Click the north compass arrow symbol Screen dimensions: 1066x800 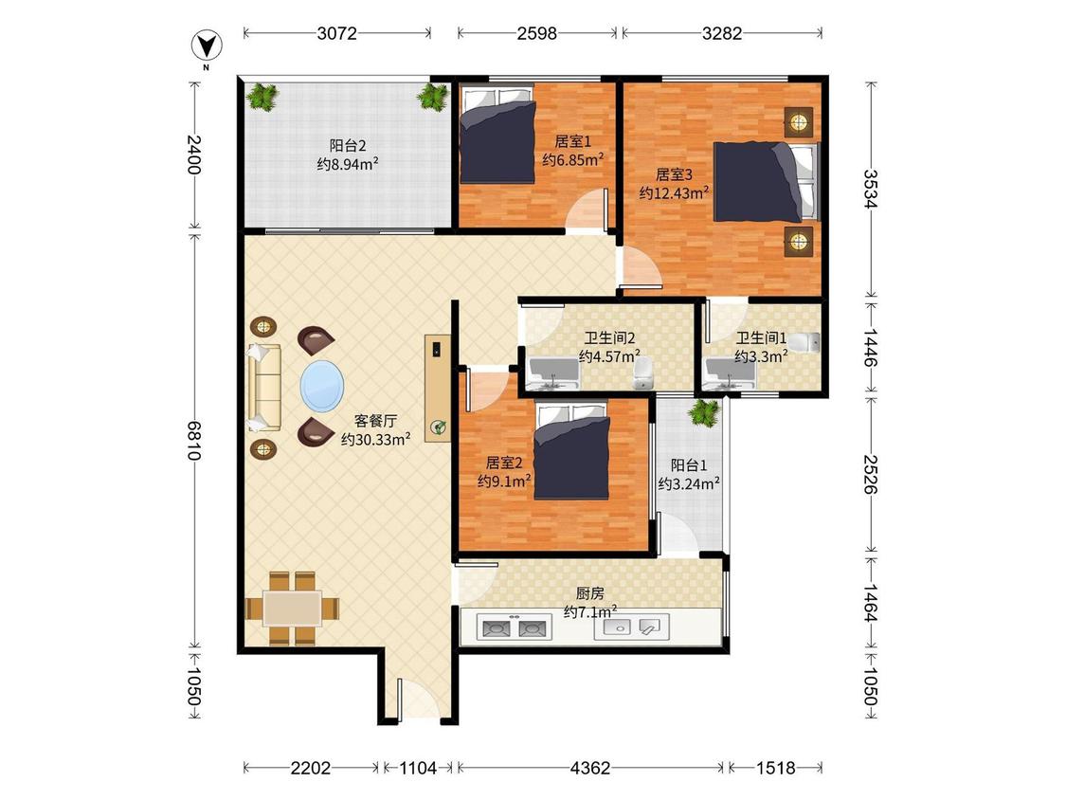point(207,47)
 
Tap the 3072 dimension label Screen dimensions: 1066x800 point(336,32)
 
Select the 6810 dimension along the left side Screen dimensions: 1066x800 point(194,441)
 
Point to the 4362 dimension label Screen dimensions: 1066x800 point(590,768)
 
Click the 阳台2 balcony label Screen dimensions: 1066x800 point(348,146)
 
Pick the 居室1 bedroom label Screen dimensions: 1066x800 point(572,141)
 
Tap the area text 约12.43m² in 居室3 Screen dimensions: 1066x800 point(674,192)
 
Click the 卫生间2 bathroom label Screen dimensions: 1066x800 point(609,338)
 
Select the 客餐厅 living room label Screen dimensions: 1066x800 point(375,421)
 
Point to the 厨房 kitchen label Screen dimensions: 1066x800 point(589,594)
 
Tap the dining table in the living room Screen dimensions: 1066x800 point(293,609)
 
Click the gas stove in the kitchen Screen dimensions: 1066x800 point(514,627)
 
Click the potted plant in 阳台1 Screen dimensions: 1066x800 point(704,412)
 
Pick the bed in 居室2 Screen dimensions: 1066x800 point(571,451)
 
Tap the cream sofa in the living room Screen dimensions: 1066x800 point(264,388)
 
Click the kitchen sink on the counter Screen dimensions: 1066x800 point(632,627)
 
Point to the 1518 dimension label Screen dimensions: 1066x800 point(776,768)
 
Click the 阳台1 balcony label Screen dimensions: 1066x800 point(689,465)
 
